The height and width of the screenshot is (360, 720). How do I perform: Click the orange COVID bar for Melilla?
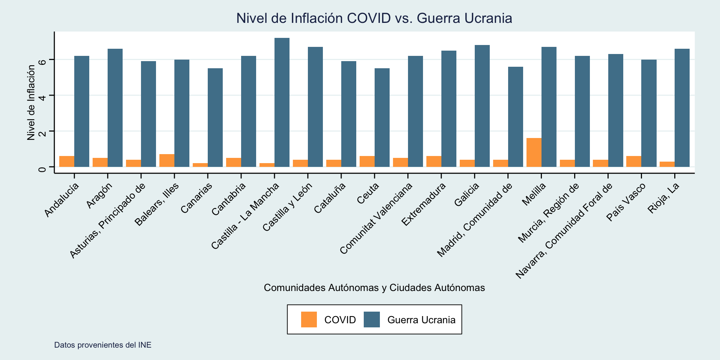tap(534, 152)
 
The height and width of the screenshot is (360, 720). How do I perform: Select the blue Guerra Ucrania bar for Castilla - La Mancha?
tap(282, 102)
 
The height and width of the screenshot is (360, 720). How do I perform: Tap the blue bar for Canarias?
tap(215, 117)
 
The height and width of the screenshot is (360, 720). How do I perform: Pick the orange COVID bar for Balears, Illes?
tap(167, 160)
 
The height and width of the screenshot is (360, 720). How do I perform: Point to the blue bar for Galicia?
tap(482, 106)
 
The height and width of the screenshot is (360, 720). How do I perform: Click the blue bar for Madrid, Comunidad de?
tap(516, 117)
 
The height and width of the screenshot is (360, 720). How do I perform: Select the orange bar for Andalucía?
tap(67, 161)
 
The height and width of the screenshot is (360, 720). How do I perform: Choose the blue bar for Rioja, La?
tap(682, 108)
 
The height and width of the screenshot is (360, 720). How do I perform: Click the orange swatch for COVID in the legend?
tap(309, 319)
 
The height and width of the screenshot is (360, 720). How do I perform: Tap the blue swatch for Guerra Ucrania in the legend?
tap(372, 319)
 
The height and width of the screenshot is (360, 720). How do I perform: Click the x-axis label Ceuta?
tap(368, 193)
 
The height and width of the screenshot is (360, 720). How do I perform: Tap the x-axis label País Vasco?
tap(625, 202)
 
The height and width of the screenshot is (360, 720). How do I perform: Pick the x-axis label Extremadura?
tap(423, 204)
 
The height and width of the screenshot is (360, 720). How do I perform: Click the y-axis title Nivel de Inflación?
tap(31, 102)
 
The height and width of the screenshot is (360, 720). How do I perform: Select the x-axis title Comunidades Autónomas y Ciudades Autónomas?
tap(374, 288)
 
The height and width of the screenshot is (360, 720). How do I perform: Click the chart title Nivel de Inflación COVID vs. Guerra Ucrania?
tap(374, 18)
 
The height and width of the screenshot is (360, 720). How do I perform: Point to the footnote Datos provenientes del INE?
tap(103, 345)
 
